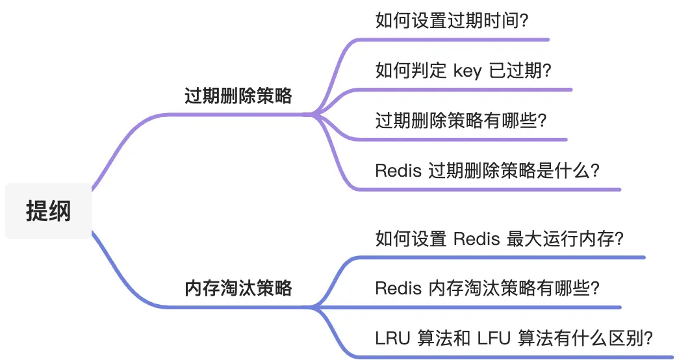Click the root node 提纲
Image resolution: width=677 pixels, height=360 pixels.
coord(49,211)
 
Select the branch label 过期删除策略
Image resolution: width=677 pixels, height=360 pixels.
coord(238,96)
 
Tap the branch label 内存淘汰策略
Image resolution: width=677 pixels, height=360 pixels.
coord(238,288)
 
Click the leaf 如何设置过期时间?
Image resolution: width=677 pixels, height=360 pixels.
coord(452,21)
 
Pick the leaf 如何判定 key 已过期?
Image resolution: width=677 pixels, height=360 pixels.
coord(463,70)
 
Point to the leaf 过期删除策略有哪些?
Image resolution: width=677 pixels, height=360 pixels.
coord(461,120)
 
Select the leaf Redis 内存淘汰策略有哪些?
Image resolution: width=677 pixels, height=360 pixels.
coord(487,288)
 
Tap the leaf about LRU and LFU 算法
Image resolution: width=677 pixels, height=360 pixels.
coord(514,338)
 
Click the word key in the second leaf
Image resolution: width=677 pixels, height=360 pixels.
coord(467,71)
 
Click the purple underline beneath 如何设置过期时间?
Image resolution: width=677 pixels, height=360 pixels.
coord(455,40)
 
